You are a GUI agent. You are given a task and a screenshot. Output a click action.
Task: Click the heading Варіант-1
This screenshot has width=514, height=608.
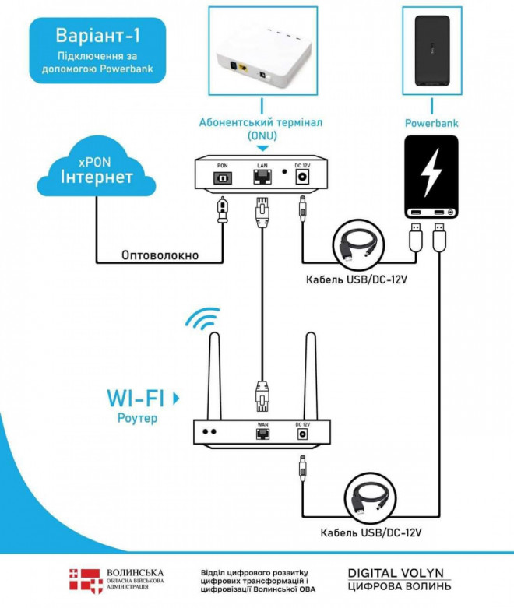point(97,37)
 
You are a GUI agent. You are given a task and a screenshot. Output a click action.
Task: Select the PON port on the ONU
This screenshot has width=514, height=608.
point(223,177)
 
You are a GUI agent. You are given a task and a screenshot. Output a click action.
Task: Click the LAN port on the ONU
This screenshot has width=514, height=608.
point(262,177)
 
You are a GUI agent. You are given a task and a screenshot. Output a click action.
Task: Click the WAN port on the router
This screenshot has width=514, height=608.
point(262,432)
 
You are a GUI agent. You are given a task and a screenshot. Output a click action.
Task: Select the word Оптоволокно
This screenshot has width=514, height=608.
point(160,255)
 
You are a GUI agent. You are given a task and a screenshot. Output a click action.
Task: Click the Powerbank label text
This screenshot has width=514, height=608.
point(431,123)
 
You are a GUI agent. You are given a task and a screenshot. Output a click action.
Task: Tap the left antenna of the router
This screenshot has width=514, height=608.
point(213,374)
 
